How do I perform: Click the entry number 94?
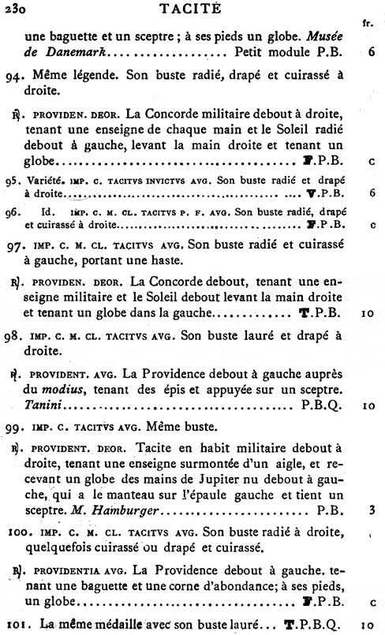(x=24, y=76)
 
